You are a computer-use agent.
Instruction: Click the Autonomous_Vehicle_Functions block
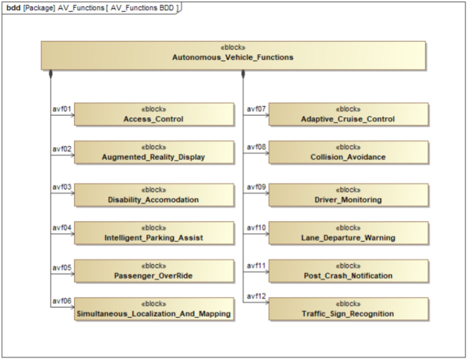(233, 55)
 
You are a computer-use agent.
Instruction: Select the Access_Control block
(153, 115)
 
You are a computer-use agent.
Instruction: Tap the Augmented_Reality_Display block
(153, 153)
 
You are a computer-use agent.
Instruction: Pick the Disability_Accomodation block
(153, 195)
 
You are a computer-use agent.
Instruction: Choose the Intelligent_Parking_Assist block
(153, 233)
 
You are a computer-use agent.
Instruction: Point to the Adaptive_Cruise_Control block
(348, 115)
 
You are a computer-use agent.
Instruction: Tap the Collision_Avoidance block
(348, 153)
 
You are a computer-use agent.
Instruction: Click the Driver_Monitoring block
(348, 195)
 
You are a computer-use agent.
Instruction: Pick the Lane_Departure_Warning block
(348, 233)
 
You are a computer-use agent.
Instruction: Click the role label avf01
(61, 109)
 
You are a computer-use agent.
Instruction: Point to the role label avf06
(61, 301)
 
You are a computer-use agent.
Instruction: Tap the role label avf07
(256, 109)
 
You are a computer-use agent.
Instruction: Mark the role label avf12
(256, 296)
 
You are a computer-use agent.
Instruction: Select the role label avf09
(256, 187)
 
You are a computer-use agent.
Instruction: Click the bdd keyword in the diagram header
(13, 7)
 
